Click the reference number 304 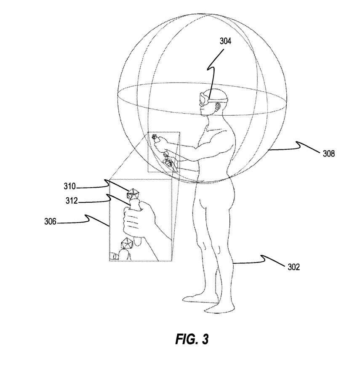(225, 41)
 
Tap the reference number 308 (329, 154)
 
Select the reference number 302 (293, 267)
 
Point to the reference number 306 (50, 221)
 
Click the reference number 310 (70, 186)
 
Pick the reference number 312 (72, 201)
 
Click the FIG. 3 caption (192, 339)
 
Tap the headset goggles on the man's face (204, 99)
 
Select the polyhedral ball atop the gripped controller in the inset (133, 194)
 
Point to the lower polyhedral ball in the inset (127, 244)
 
